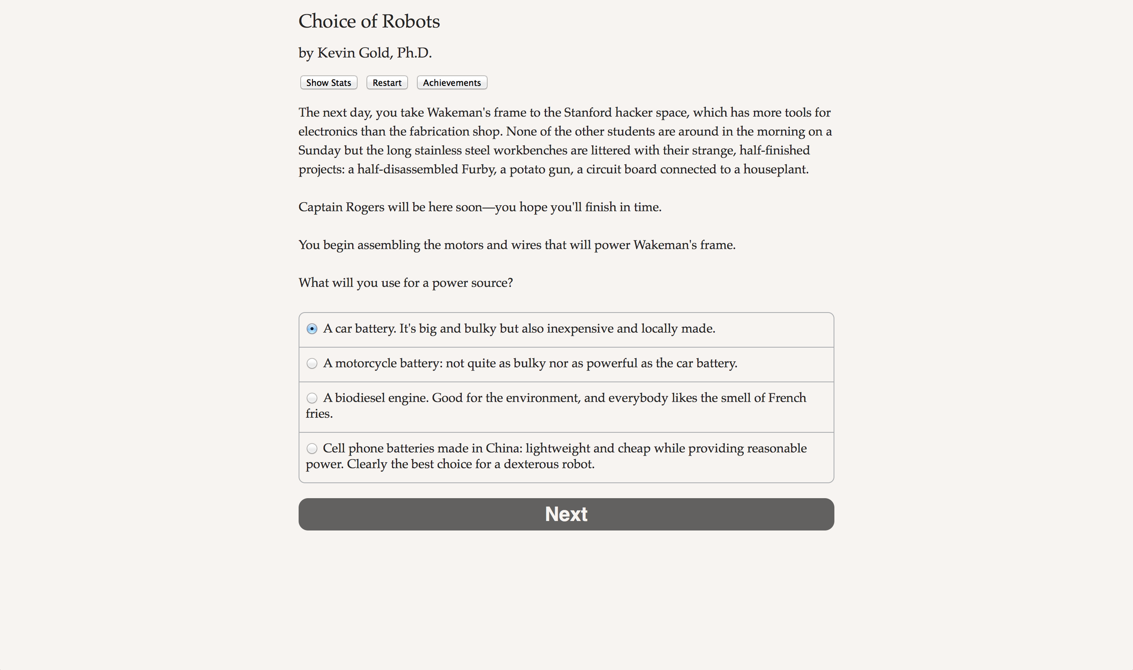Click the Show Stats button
pyautogui.click(x=329, y=83)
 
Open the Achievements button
pyautogui.click(x=452, y=83)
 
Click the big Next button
pyautogui.click(x=566, y=514)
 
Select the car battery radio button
pyautogui.click(x=312, y=329)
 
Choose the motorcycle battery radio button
pyautogui.click(x=312, y=363)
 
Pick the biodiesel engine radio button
pyautogui.click(x=312, y=398)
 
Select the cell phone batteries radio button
pyautogui.click(x=312, y=449)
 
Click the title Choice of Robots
pyautogui.click(x=369, y=21)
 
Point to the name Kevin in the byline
pyautogui.click(x=336, y=53)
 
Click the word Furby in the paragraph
pyautogui.click(x=478, y=169)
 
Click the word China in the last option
pyautogui.click(x=503, y=449)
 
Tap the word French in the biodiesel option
pyautogui.click(x=787, y=398)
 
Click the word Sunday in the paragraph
pyautogui.click(x=319, y=150)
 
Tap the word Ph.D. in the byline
pyautogui.click(x=414, y=53)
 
